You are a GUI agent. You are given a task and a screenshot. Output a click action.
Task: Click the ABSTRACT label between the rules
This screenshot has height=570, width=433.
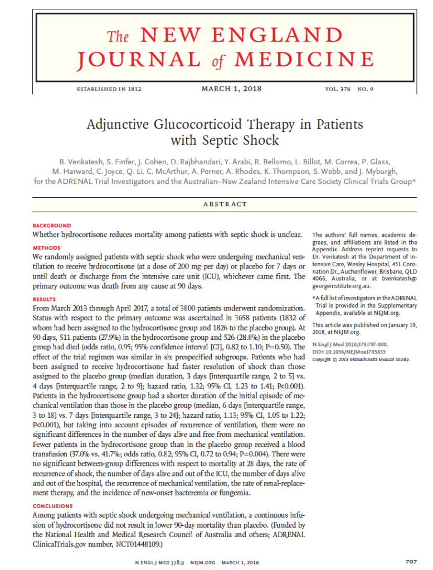[226, 204]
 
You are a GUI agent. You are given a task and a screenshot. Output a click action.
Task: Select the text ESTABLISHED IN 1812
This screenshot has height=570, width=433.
[109, 89]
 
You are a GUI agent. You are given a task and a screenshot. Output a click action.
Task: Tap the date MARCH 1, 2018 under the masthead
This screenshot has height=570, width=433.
[231, 89]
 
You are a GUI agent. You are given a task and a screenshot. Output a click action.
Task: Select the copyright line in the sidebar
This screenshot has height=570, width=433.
[353, 359]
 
